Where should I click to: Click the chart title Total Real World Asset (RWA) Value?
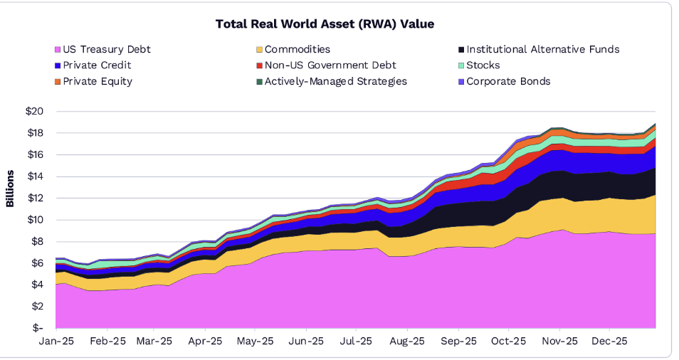pos(325,24)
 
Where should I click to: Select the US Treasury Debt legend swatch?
pos(57,50)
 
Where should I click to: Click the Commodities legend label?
pos(297,50)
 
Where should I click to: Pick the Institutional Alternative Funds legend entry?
pos(542,50)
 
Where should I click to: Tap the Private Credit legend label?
pos(97,65)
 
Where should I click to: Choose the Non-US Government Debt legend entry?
pos(325,65)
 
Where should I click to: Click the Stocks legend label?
pos(484,65)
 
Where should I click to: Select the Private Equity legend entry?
pos(98,81)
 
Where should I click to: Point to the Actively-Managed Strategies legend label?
pos(335,81)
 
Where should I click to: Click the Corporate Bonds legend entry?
pos(508,81)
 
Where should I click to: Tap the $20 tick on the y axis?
pos(35,112)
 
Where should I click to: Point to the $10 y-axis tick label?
pos(35,220)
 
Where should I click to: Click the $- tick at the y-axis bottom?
pos(38,328)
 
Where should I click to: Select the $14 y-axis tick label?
pos(35,176)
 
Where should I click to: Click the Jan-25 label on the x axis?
pos(56,342)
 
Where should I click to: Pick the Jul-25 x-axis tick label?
pos(356,342)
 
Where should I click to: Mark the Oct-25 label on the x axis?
pos(508,342)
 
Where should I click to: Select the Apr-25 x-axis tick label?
pos(205,342)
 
